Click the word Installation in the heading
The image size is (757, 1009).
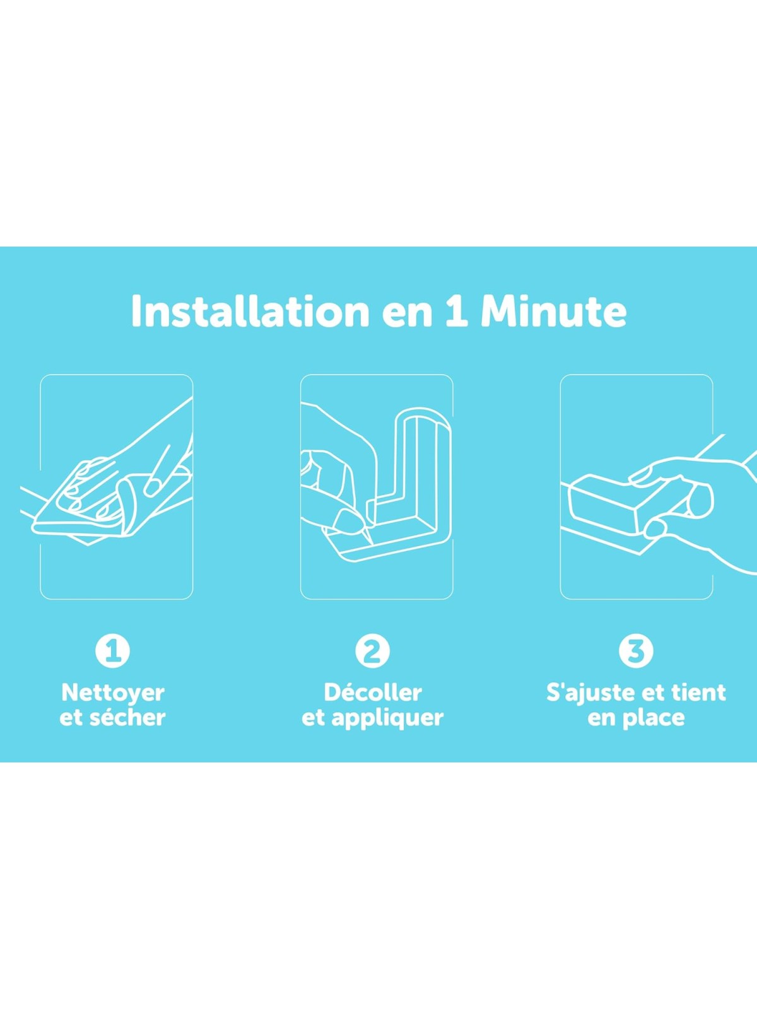click(250, 311)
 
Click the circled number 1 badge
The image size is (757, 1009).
click(113, 651)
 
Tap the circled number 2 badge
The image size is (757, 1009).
click(373, 651)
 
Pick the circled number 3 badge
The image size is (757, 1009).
click(636, 651)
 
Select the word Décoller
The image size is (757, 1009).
click(373, 692)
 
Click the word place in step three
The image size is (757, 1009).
click(656, 719)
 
